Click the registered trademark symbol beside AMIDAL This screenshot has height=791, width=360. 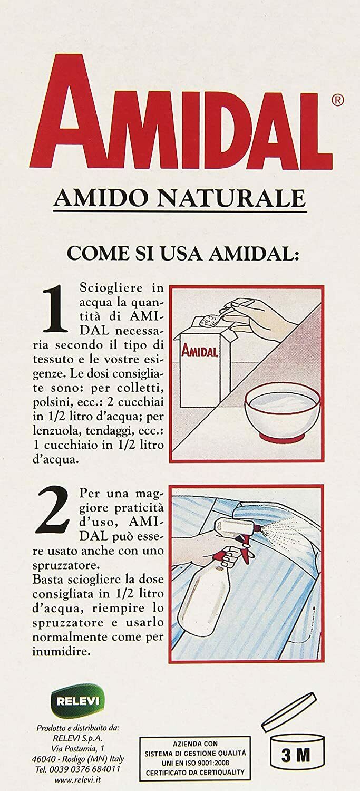(337, 100)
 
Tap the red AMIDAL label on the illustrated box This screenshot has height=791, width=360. (200, 351)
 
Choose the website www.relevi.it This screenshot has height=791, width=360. (76, 779)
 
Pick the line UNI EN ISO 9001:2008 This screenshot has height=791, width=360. (195, 759)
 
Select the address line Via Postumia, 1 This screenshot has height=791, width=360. (77, 748)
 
